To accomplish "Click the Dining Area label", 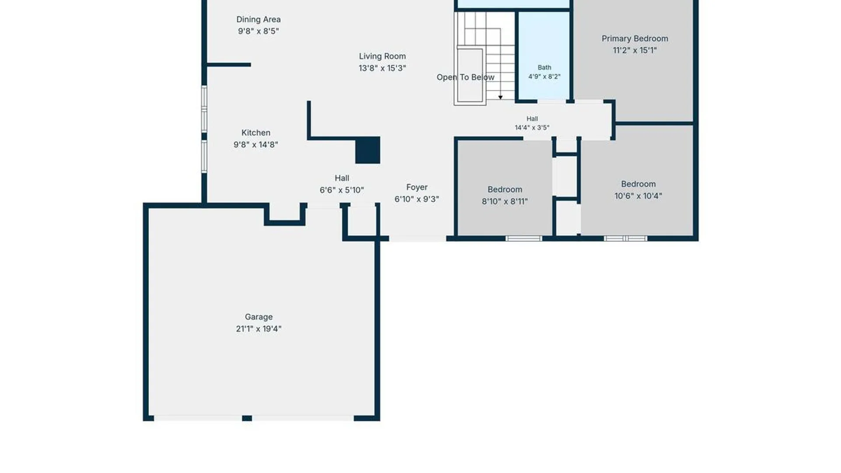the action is coord(258,19).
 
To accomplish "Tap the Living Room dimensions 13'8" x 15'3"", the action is coord(382,68).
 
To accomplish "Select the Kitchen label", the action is coord(256,133).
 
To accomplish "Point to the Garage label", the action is coord(258,317).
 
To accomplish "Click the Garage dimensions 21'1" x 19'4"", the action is coord(258,328).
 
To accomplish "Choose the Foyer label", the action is coord(417,187).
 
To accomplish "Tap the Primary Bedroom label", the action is coord(635,39).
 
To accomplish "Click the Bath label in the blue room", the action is coord(544,67).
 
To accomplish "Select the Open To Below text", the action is coord(465,77).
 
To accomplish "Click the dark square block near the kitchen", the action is coord(367,150).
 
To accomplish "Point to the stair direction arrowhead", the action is coord(500,97).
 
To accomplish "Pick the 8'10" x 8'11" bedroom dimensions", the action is coord(505,201).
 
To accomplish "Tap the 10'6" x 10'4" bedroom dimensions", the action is coord(638,196).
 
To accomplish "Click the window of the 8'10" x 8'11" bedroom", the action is coord(524,239).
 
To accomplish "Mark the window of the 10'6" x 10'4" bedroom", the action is coord(625,239).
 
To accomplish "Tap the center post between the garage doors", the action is coord(247,418).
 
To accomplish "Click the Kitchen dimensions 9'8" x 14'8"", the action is coord(256,145).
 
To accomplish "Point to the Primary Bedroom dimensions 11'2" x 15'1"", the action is coord(635,50).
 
